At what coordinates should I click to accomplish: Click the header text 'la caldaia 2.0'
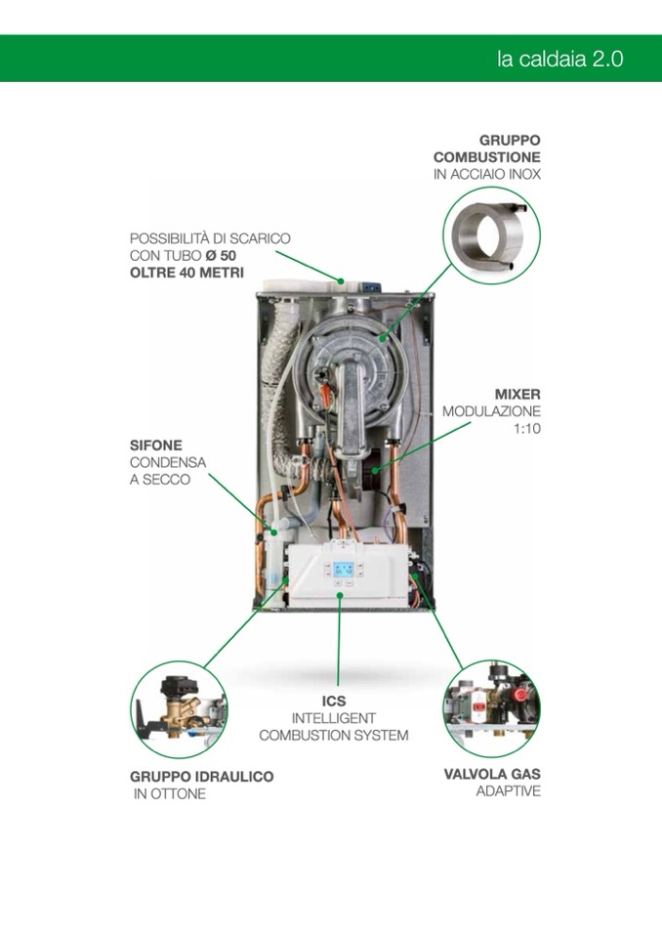coord(559,60)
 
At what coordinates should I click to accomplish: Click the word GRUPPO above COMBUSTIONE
coord(510,141)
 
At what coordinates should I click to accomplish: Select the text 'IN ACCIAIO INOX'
coord(487,175)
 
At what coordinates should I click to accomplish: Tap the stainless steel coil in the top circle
coord(491,234)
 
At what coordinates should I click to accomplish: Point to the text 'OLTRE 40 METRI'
coord(186,274)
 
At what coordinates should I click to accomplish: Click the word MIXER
coord(517,395)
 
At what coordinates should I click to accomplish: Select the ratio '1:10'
coord(527,429)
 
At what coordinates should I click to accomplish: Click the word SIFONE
coord(156,446)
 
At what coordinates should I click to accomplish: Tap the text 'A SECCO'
coord(160,480)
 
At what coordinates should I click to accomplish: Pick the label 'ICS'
coord(334,701)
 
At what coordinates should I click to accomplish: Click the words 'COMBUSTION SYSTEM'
coord(334,735)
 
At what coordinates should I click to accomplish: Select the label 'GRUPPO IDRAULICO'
coord(202,777)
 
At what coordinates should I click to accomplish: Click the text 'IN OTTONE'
coord(170,794)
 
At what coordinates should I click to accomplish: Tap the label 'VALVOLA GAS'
coord(492,774)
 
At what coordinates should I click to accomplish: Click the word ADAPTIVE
coord(508,791)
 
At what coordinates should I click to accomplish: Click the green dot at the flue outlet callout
coord(341,279)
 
